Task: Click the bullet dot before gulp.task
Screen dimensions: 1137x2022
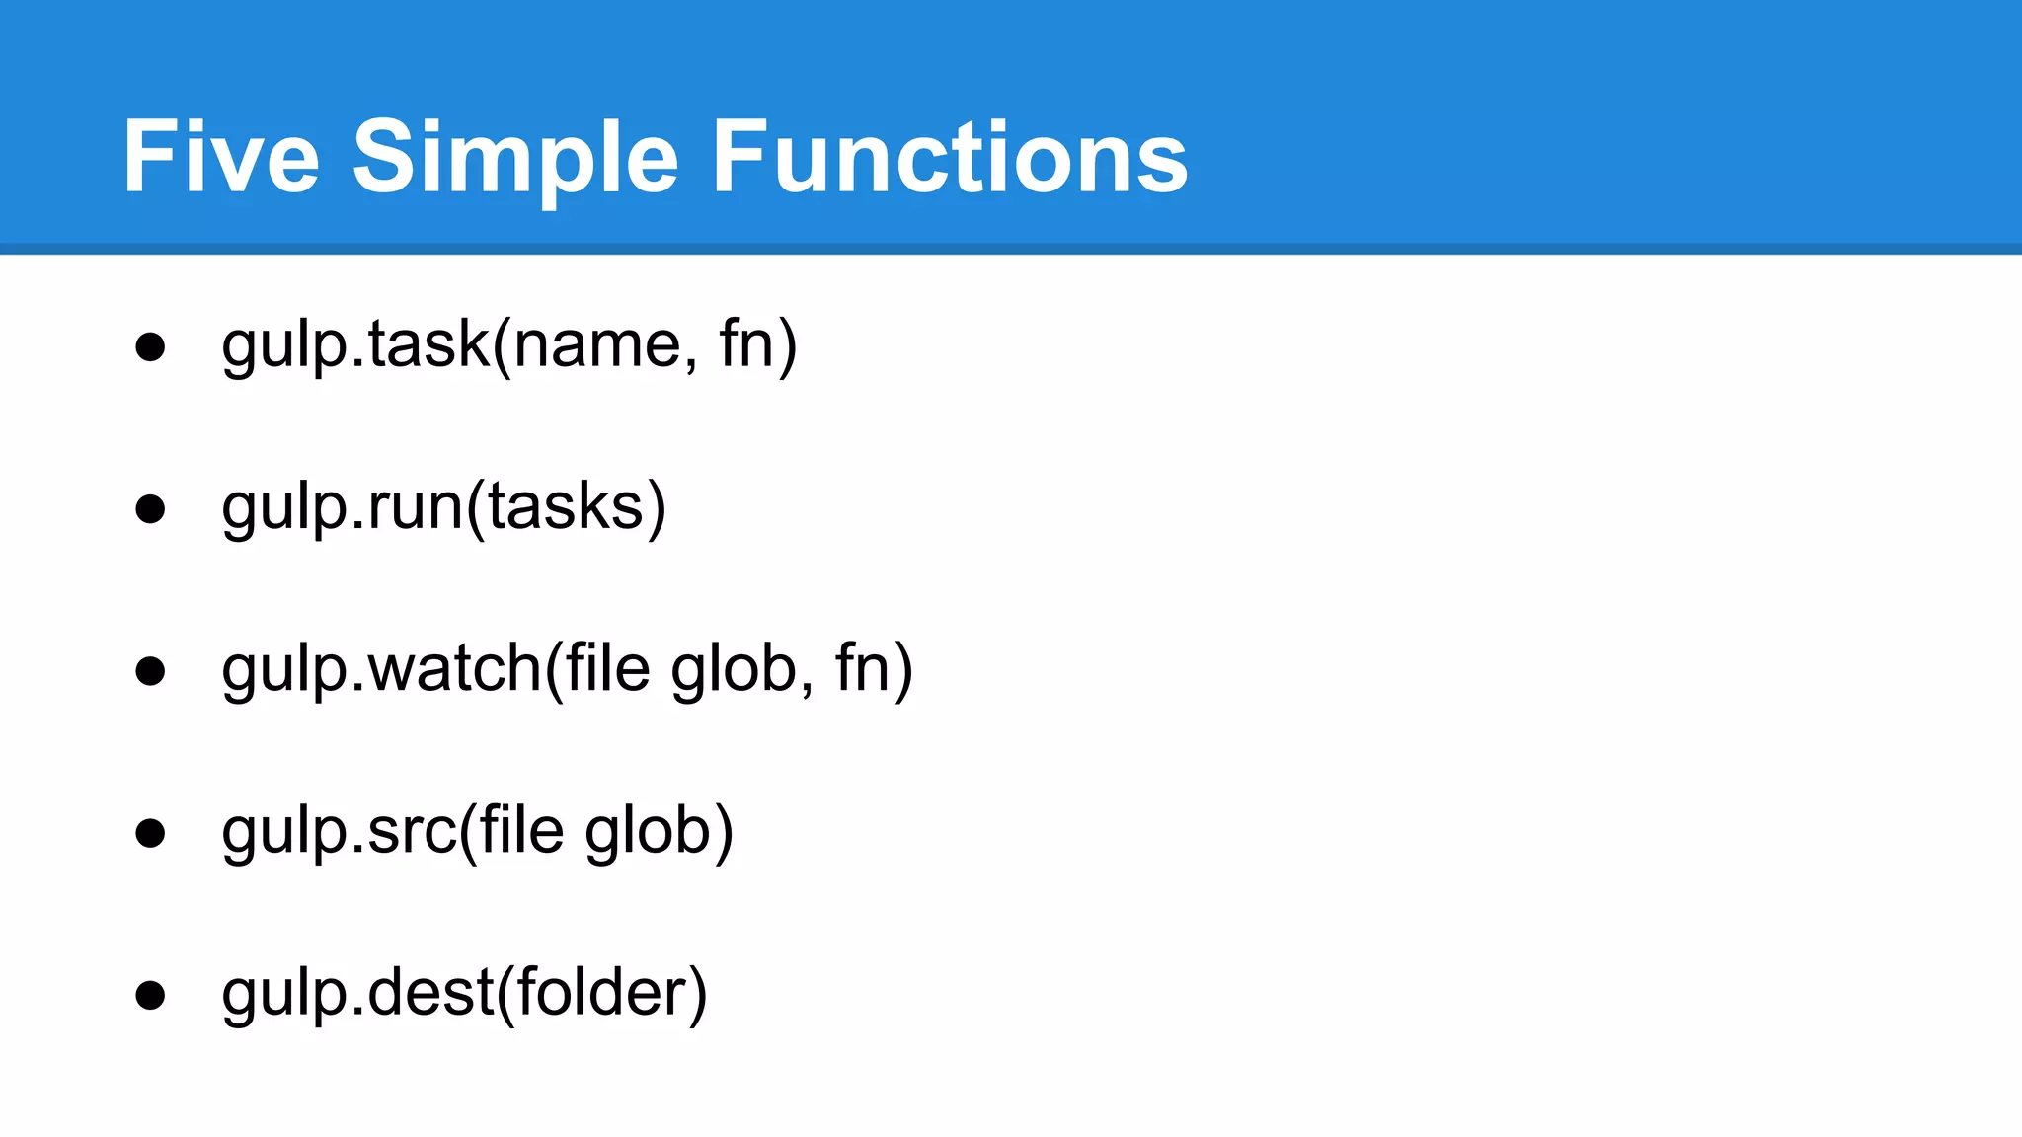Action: [150, 346]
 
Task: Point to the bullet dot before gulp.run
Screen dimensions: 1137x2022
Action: [150, 508]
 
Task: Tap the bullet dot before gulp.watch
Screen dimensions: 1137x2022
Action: [150, 671]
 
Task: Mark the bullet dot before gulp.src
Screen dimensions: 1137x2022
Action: [150, 833]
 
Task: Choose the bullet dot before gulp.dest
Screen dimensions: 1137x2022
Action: [150, 995]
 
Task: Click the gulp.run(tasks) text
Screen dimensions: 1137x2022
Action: [444, 507]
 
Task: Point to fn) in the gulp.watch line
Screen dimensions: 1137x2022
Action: [874, 669]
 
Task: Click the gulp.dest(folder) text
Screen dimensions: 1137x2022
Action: [465, 993]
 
